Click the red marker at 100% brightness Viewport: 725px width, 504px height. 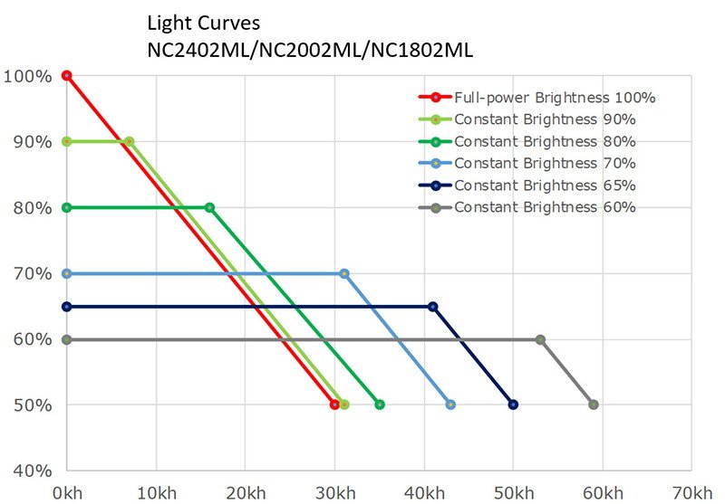66,75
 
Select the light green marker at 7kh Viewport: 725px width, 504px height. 129,141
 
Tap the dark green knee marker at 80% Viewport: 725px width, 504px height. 209,207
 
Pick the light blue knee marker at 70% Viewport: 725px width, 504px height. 343,273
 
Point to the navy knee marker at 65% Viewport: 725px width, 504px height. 432,307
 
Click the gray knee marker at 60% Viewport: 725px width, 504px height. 540,339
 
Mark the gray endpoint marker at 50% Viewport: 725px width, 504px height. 594,404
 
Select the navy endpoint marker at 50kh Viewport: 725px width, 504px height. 513,404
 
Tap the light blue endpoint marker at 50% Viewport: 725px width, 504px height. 450,404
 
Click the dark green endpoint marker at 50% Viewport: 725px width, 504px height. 379,404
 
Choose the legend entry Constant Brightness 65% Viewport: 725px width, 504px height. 545,185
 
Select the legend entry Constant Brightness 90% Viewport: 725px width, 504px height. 545,119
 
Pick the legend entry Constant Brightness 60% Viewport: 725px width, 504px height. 545,207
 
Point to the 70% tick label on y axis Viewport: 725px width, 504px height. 29,273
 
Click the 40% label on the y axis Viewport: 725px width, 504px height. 29,471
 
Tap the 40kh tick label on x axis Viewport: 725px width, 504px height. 424,492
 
